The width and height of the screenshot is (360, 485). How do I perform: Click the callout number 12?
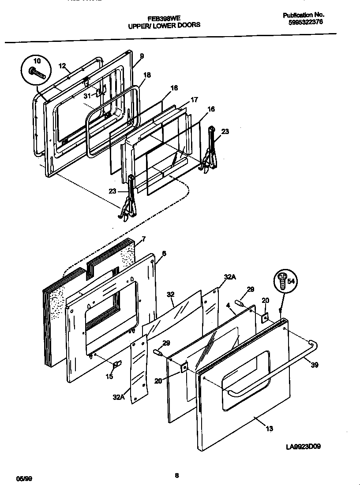click(x=62, y=66)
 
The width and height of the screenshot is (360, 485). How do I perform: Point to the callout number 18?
click(x=147, y=75)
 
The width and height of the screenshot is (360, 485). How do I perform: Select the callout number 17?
click(x=194, y=100)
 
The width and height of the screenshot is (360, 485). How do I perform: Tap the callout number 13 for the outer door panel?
click(x=269, y=429)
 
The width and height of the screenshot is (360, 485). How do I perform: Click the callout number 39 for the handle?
click(x=314, y=365)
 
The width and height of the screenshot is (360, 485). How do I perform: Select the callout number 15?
click(x=109, y=376)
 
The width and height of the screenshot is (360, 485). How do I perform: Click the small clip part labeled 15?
click(x=117, y=364)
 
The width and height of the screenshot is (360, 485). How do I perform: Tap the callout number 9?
click(x=142, y=56)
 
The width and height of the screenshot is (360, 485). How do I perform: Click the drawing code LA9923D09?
click(x=303, y=446)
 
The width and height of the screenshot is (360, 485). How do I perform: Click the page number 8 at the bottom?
click(x=176, y=475)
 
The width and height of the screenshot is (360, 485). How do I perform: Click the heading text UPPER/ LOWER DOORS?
click(x=164, y=25)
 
